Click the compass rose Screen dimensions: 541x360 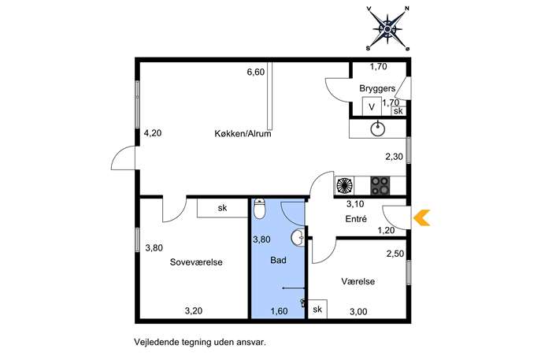coord(387,28)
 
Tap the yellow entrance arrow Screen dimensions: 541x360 coord(421,217)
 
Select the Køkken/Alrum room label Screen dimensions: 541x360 coord(243,134)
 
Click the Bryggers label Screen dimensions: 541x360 coord(377,88)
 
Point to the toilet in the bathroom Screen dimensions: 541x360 coord(259,209)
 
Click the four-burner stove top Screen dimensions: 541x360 coord(380,186)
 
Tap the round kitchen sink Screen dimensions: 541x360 coord(378,129)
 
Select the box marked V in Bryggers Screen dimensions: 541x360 coord(372,106)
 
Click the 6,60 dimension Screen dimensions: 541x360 coord(256,72)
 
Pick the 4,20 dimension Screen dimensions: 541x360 coord(153,133)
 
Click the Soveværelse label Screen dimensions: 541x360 coord(196,262)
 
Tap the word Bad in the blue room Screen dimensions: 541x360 coord(278,260)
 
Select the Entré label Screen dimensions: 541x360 coord(356,219)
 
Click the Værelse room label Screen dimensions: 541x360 coord(358,281)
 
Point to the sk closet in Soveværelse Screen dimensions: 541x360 coord(223,208)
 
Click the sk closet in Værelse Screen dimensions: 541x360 coord(317,309)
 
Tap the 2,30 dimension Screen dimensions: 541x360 coord(394,157)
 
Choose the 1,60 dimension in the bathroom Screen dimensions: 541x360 coord(279,311)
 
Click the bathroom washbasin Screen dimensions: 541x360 coord(298,237)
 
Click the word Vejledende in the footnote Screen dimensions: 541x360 coord(155,343)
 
